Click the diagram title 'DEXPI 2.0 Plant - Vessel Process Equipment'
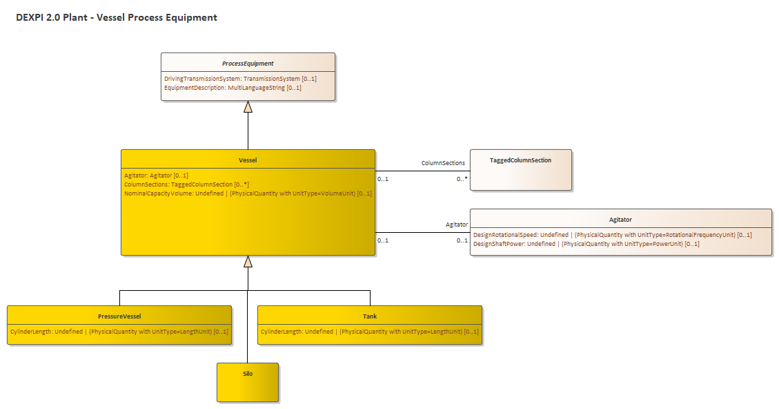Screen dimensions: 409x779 (117, 17)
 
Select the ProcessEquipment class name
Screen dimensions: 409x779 (248, 64)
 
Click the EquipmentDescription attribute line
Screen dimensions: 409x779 (233, 88)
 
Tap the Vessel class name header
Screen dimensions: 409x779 (248, 160)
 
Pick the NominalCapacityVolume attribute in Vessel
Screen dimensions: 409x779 (248, 193)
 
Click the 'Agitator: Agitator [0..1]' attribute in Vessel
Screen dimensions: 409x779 (156, 175)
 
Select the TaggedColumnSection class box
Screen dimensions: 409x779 (520, 169)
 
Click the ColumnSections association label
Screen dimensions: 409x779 (443, 163)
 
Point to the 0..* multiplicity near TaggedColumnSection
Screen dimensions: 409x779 (462, 179)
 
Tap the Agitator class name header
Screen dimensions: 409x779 (620, 219)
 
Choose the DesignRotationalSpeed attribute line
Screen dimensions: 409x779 (612, 235)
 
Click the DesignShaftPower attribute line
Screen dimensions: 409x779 (586, 244)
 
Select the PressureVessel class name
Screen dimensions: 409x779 (119, 316)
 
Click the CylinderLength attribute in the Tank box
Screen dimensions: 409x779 (369, 332)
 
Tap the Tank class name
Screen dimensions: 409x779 (370, 316)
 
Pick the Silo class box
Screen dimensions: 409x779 (248, 382)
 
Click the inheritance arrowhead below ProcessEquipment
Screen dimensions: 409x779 (248, 107)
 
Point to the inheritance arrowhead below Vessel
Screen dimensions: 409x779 (248, 262)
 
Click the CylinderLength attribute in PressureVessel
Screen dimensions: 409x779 (119, 332)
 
